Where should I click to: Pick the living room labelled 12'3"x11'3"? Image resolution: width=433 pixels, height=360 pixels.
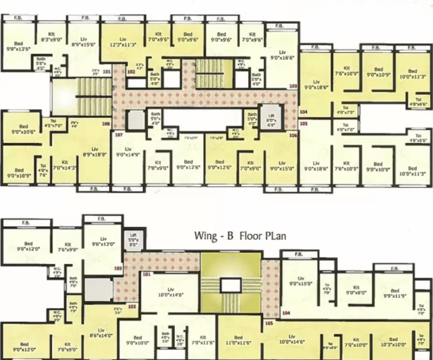[x=123, y=41]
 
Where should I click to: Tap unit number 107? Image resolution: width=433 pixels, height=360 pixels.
[x=118, y=135]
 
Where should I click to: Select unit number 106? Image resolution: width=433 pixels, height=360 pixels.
[x=292, y=135]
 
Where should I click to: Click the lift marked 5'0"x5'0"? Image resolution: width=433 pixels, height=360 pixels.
[x=133, y=238]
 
